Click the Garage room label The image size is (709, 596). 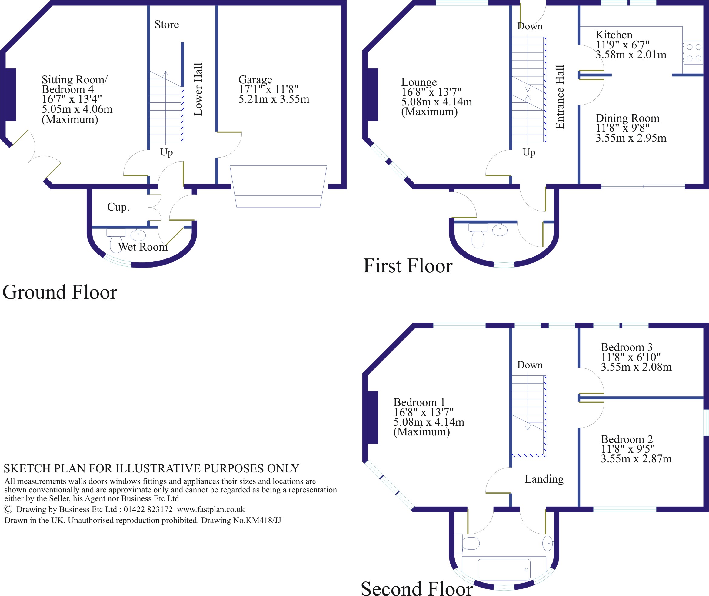click(255, 80)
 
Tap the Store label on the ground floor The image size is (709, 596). click(167, 25)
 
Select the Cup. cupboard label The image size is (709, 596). click(118, 207)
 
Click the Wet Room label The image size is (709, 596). click(142, 247)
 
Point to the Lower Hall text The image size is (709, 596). click(198, 89)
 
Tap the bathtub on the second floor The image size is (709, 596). click(504, 570)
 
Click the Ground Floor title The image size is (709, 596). click(60, 292)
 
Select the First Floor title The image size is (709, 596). click(408, 266)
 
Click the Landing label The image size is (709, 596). click(544, 479)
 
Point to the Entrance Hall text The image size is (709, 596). click(560, 97)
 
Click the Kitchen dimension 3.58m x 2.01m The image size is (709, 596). click(631, 55)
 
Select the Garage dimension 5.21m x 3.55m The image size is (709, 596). click(274, 99)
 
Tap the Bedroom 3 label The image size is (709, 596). click(627, 347)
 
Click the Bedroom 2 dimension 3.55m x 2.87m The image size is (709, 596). click(636, 459)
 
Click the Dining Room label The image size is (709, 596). click(627, 118)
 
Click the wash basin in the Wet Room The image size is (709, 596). click(138, 235)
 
